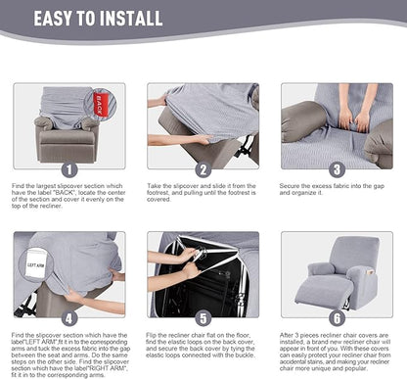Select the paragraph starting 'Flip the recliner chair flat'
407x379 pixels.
(x=202, y=349)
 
